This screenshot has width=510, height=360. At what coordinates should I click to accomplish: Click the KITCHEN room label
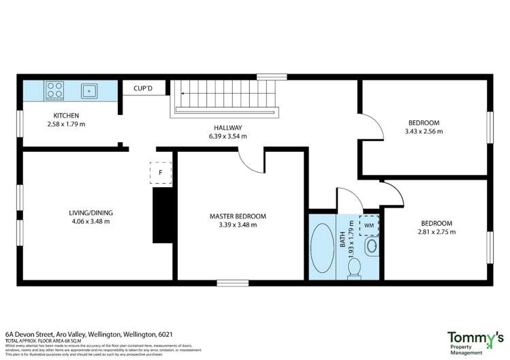click(x=66, y=116)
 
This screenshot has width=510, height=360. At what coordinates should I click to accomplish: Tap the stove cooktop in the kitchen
click(x=54, y=89)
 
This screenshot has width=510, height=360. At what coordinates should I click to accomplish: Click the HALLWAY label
click(x=227, y=127)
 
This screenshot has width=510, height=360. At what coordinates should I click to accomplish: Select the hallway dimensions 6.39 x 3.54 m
click(x=227, y=136)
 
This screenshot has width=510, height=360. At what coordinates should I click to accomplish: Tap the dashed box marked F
click(x=160, y=172)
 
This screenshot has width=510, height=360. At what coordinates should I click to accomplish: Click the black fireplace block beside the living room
click(x=162, y=214)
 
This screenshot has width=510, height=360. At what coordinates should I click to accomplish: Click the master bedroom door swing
click(x=251, y=161)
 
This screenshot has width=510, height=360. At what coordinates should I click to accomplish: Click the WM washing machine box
click(x=369, y=224)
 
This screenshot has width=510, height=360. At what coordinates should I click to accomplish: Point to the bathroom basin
click(x=372, y=245)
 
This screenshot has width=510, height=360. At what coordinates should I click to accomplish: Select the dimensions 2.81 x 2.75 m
click(x=436, y=231)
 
